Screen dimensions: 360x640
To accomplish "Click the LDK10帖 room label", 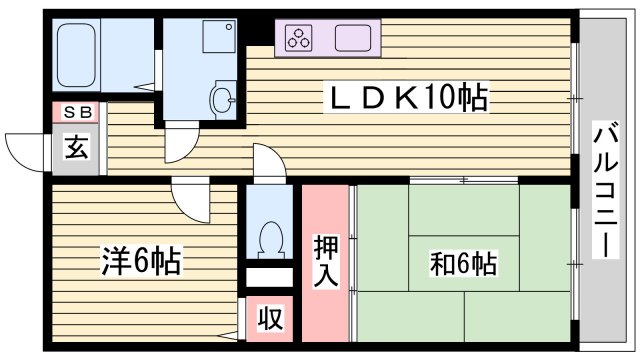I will coord(410,98).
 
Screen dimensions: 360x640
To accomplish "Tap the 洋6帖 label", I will coord(140,263).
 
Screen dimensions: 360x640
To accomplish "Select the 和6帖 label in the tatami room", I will coord(463,264).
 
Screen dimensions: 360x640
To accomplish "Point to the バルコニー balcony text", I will coord(604,190).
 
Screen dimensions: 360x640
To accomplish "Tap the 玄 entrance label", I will coord(76,148).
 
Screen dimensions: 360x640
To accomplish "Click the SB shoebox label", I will coord(76,113).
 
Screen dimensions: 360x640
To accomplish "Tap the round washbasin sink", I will coord(222,98).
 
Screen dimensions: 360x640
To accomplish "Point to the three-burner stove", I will coord(299,39).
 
